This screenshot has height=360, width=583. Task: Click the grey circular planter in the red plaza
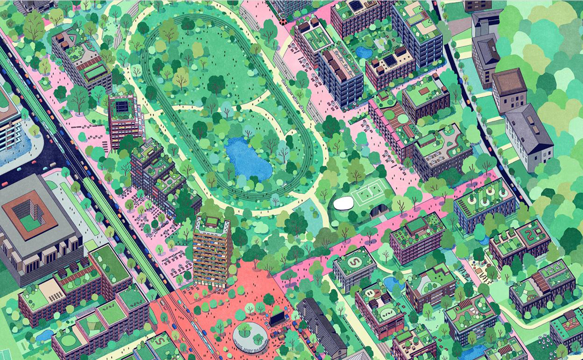(250, 335)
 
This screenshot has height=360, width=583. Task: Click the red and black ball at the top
(283, 21)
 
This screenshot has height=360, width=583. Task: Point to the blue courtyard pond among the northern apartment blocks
(363, 52)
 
